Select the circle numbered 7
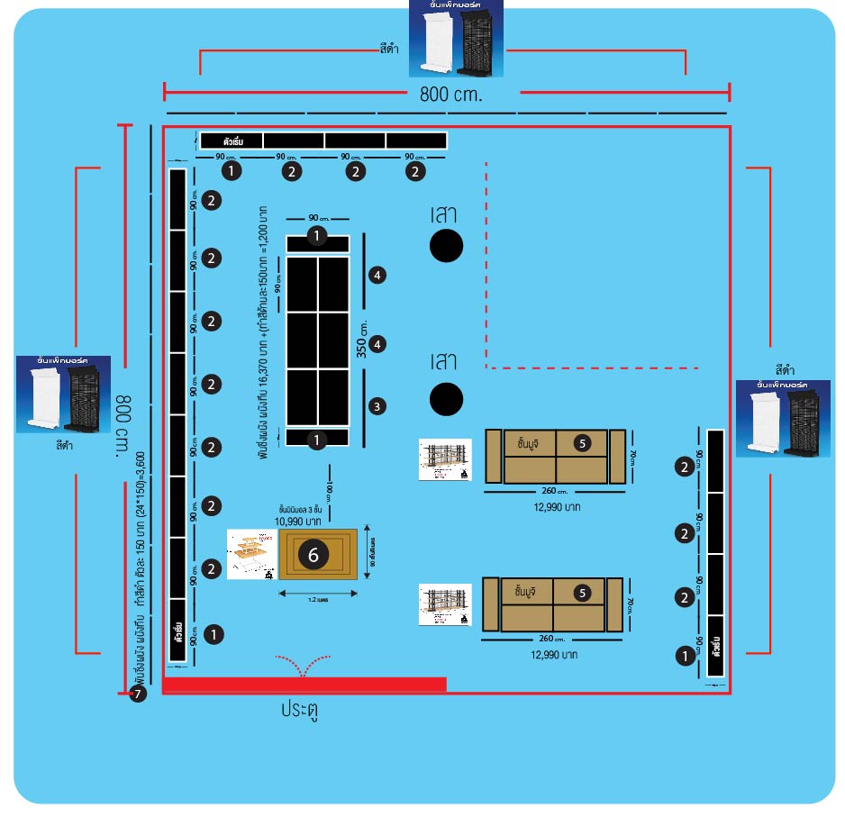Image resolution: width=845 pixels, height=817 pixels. point(137,694)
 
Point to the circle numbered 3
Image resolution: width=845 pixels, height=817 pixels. point(378,406)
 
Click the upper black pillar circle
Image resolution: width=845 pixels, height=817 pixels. point(446,245)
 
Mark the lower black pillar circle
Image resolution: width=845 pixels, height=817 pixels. point(446,399)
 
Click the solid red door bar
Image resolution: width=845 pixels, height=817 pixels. point(304,685)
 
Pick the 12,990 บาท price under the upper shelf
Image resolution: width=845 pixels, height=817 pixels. point(555,507)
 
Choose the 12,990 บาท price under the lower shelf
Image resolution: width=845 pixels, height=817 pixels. point(555,657)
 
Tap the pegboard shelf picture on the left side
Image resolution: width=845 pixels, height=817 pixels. point(63,395)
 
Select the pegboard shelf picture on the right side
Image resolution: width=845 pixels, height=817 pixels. point(783,418)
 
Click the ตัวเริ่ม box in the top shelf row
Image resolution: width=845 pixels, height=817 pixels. point(231,141)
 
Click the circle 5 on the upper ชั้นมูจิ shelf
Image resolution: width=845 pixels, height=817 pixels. point(582,442)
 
